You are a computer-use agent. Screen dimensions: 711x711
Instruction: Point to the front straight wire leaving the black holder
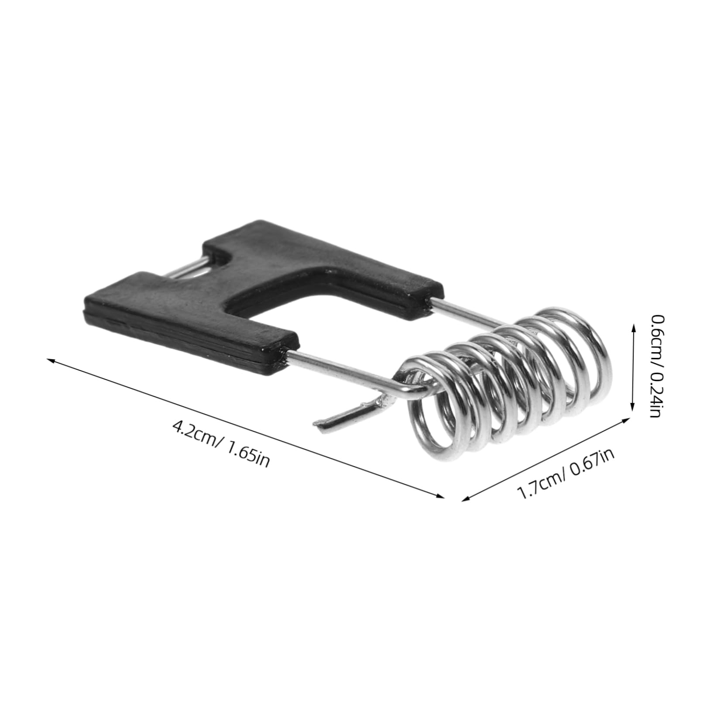tap(340, 371)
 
